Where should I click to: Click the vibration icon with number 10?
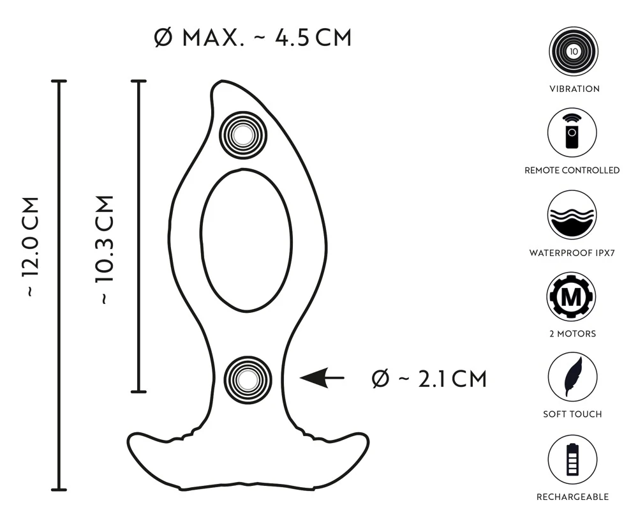coord(573,52)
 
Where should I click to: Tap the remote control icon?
coord(573,133)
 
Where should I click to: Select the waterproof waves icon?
coord(573,215)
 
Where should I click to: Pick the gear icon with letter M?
coord(573,297)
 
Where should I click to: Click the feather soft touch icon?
coord(573,378)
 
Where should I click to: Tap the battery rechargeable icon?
coord(573,460)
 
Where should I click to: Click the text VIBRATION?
coord(574,89)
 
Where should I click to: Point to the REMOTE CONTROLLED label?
coord(572,170)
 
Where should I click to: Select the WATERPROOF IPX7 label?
coord(572,253)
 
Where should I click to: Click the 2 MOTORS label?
coord(572,333)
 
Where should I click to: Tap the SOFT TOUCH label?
coord(572,414)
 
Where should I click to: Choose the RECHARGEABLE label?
coord(572,497)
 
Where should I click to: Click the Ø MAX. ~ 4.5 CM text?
coord(253,38)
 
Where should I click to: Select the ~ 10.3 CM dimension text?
coord(104,249)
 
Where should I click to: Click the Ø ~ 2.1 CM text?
coord(429,379)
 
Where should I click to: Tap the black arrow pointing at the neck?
coord(322,378)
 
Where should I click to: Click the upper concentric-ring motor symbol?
coord(243,134)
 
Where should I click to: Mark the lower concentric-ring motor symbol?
coord(248,379)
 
